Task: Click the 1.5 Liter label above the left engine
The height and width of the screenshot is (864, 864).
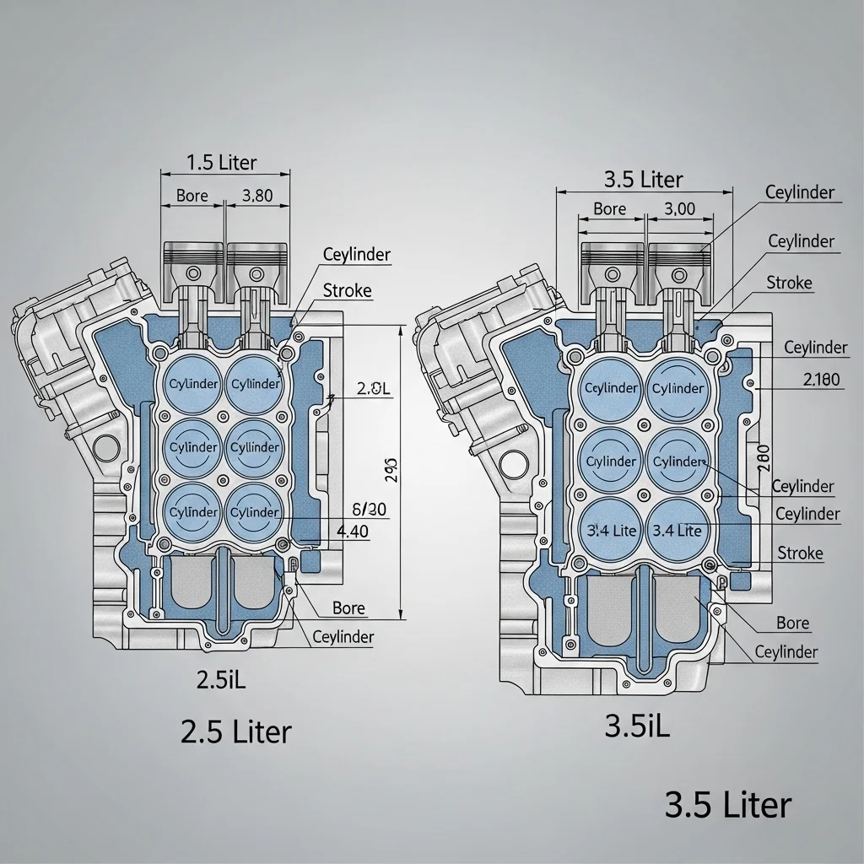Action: click(220, 162)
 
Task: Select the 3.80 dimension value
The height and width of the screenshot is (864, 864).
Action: click(257, 196)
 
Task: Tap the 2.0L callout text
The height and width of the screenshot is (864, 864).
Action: click(374, 389)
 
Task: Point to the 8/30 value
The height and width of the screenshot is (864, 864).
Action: click(368, 509)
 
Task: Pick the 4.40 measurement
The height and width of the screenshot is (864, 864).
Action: click(352, 532)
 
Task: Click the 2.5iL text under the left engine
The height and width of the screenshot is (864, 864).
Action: click(220, 680)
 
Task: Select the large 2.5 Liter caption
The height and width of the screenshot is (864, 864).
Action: click(236, 731)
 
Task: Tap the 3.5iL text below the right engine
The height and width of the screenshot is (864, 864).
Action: click(638, 727)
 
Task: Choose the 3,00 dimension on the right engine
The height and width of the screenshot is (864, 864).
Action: click(679, 208)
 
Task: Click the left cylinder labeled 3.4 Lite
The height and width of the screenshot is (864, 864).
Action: click(610, 531)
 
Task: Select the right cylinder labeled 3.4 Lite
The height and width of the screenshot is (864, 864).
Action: click(678, 531)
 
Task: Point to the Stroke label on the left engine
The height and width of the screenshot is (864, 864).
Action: click(347, 291)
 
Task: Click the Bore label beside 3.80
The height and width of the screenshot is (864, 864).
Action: click(192, 196)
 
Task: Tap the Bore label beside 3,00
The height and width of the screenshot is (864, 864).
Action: click(609, 208)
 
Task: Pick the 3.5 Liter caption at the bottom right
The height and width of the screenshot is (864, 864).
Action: click(728, 805)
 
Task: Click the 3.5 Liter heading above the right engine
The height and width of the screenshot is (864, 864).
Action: click(644, 179)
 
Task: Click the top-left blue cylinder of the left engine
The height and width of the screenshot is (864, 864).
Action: click(193, 384)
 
